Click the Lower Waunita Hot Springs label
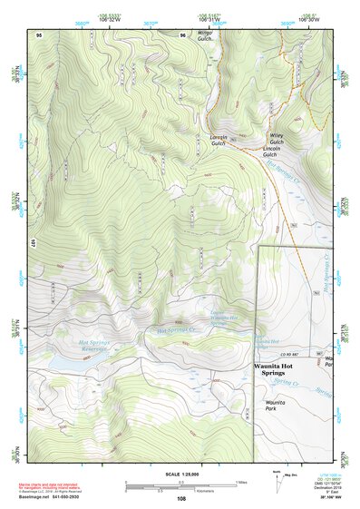click(x=217, y=315)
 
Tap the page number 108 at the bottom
click(x=180, y=499)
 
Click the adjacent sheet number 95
click(x=39, y=33)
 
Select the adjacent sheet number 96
click(x=180, y=33)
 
